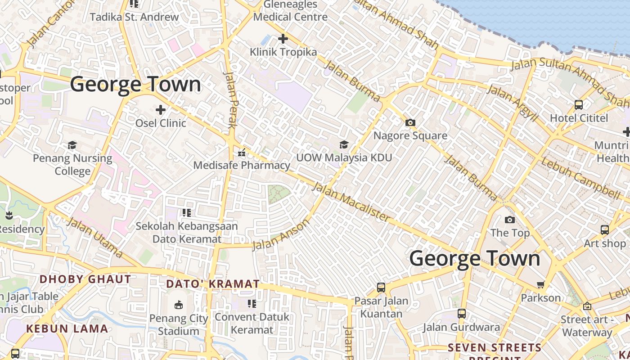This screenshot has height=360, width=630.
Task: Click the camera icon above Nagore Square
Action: (410, 122)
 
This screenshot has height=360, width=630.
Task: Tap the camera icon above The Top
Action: (509, 220)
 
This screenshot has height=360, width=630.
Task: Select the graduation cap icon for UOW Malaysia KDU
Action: (344, 144)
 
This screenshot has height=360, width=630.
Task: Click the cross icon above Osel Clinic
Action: (161, 109)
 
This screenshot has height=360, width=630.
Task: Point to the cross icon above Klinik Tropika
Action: (283, 39)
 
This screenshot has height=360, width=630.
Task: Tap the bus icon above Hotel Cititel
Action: (579, 105)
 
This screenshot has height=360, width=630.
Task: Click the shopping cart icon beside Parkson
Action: (540, 284)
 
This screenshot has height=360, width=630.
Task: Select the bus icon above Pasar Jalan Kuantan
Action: (381, 287)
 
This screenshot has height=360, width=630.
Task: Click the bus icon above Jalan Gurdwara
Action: (462, 313)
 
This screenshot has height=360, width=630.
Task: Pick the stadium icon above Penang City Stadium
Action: (179, 305)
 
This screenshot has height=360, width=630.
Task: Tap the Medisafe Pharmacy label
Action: (242, 165)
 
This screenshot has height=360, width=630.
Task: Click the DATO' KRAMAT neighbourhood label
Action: (213, 284)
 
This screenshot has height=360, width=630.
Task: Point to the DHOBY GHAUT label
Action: (85, 279)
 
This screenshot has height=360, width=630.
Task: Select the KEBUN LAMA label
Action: (67, 328)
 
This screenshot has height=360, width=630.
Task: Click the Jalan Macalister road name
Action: (351, 201)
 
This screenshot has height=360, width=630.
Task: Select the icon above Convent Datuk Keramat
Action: (252, 304)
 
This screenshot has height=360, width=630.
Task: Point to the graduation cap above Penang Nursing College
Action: (72, 145)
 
